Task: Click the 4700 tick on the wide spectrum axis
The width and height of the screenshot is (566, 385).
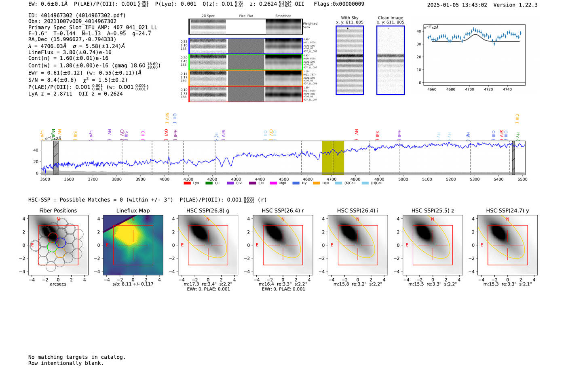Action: [x=332, y=179]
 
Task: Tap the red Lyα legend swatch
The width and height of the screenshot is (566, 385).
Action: [x=187, y=183]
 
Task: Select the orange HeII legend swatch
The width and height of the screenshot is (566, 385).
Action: [x=316, y=183]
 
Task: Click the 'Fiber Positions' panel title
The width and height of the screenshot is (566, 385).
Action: [x=58, y=210]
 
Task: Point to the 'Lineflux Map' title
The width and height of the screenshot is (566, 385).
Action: [x=133, y=210]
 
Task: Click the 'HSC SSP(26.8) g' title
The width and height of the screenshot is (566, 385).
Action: [x=208, y=210]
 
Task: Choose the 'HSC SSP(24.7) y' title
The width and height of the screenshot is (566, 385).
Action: [x=507, y=210]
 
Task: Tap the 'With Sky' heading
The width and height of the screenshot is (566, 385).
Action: [x=350, y=18]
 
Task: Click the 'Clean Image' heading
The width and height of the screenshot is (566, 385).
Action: [x=390, y=18]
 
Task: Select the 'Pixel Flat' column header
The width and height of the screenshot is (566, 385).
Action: [x=246, y=16]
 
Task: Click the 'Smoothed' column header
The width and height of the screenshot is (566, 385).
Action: [x=283, y=16]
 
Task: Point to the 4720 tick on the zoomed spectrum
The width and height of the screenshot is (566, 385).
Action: [x=488, y=89]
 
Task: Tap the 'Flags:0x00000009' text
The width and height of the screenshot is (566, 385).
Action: [x=339, y=4]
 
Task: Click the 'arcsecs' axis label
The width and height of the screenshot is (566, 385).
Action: [x=58, y=284]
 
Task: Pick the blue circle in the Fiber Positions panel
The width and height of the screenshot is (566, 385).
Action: [x=61, y=243]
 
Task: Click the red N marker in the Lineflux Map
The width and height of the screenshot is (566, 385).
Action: [x=133, y=219]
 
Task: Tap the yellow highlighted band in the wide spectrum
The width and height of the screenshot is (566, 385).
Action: [x=333, y=158]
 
